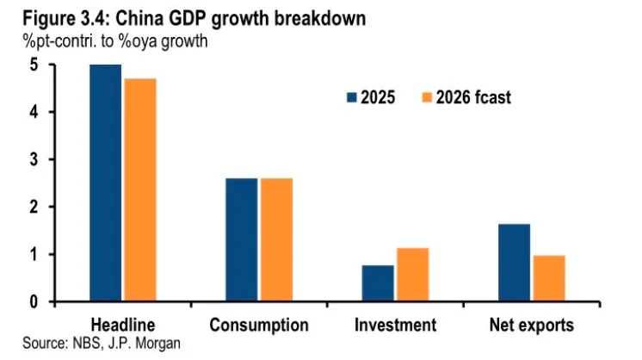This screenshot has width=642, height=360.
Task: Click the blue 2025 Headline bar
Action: click(105, 183)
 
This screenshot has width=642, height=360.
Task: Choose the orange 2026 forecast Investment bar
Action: click(411, 275)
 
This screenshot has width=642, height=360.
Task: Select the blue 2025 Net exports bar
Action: click(514, 263)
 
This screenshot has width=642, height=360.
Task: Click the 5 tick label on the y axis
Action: click(34, 65)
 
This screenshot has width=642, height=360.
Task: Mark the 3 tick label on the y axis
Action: click(34, 160)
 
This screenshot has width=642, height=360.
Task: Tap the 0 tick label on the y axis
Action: click(34, 302)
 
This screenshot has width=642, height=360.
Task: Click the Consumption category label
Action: click(258, 325)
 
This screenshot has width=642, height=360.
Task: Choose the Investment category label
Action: click(395, 325)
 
